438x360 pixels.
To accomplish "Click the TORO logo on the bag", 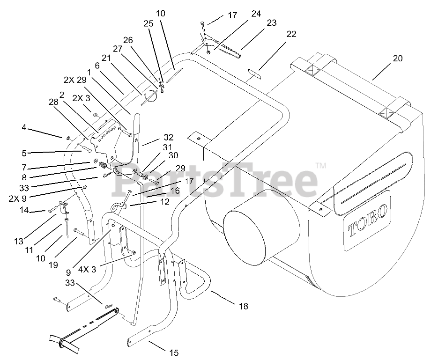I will click(368, 220).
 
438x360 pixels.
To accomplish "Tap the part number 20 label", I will click(398, 59).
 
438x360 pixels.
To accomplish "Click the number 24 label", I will click(256, 14).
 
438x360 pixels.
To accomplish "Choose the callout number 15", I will click(174, 353).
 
